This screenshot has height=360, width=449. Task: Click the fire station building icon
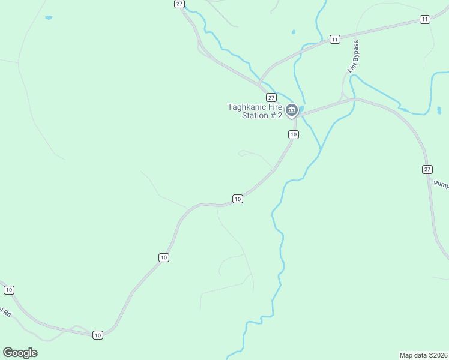point(292,110)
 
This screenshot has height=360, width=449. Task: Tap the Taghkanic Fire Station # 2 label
point(255,111)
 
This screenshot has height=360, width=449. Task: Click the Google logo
point(20,352)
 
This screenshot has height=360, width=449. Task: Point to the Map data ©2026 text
point(423,355)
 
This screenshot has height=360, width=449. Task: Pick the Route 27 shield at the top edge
point(179,4)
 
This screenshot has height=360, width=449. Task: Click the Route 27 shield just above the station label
point(271,97)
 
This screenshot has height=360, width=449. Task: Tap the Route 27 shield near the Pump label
point(427,169)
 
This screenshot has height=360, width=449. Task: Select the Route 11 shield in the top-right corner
point(425,20)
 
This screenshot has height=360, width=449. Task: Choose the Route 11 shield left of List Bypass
point(334,40)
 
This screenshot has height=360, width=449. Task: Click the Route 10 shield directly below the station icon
point(293,134)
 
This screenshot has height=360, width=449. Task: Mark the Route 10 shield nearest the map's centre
point(237,199)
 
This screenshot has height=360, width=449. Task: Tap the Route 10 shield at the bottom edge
point(97,335)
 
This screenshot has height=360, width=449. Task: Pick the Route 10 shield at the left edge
point(8,290)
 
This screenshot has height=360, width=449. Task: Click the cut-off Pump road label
point(441,185)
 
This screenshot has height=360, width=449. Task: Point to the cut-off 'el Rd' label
point(6,312)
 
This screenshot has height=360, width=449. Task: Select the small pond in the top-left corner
point(49,18)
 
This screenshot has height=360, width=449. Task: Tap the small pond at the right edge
point(439,110)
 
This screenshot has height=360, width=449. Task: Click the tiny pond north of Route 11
point(293,32)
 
